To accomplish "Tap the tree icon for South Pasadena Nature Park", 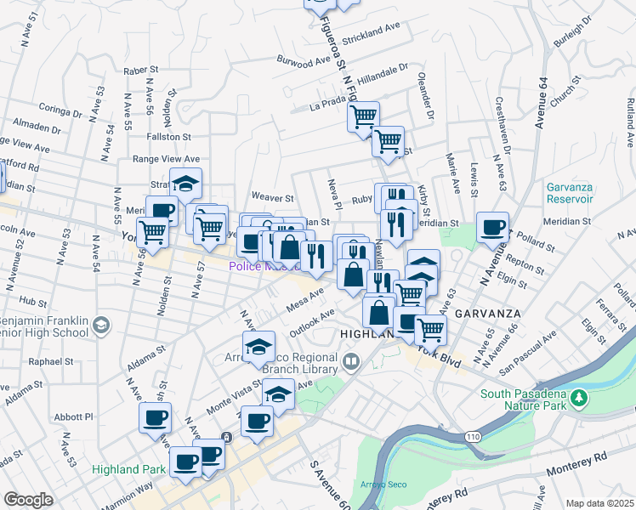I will tap(581, 398).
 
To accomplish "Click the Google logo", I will tap(28, 499).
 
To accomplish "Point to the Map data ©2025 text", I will tap(599, 503).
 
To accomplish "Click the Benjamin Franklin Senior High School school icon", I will tap(100, 325).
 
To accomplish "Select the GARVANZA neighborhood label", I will tap(487, 313).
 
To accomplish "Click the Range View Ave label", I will tap(166, 158).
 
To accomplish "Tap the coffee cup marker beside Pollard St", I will tap(492, 228).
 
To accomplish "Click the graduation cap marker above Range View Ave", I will tap(185, 183).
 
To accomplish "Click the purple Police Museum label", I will tap(265, 266).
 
